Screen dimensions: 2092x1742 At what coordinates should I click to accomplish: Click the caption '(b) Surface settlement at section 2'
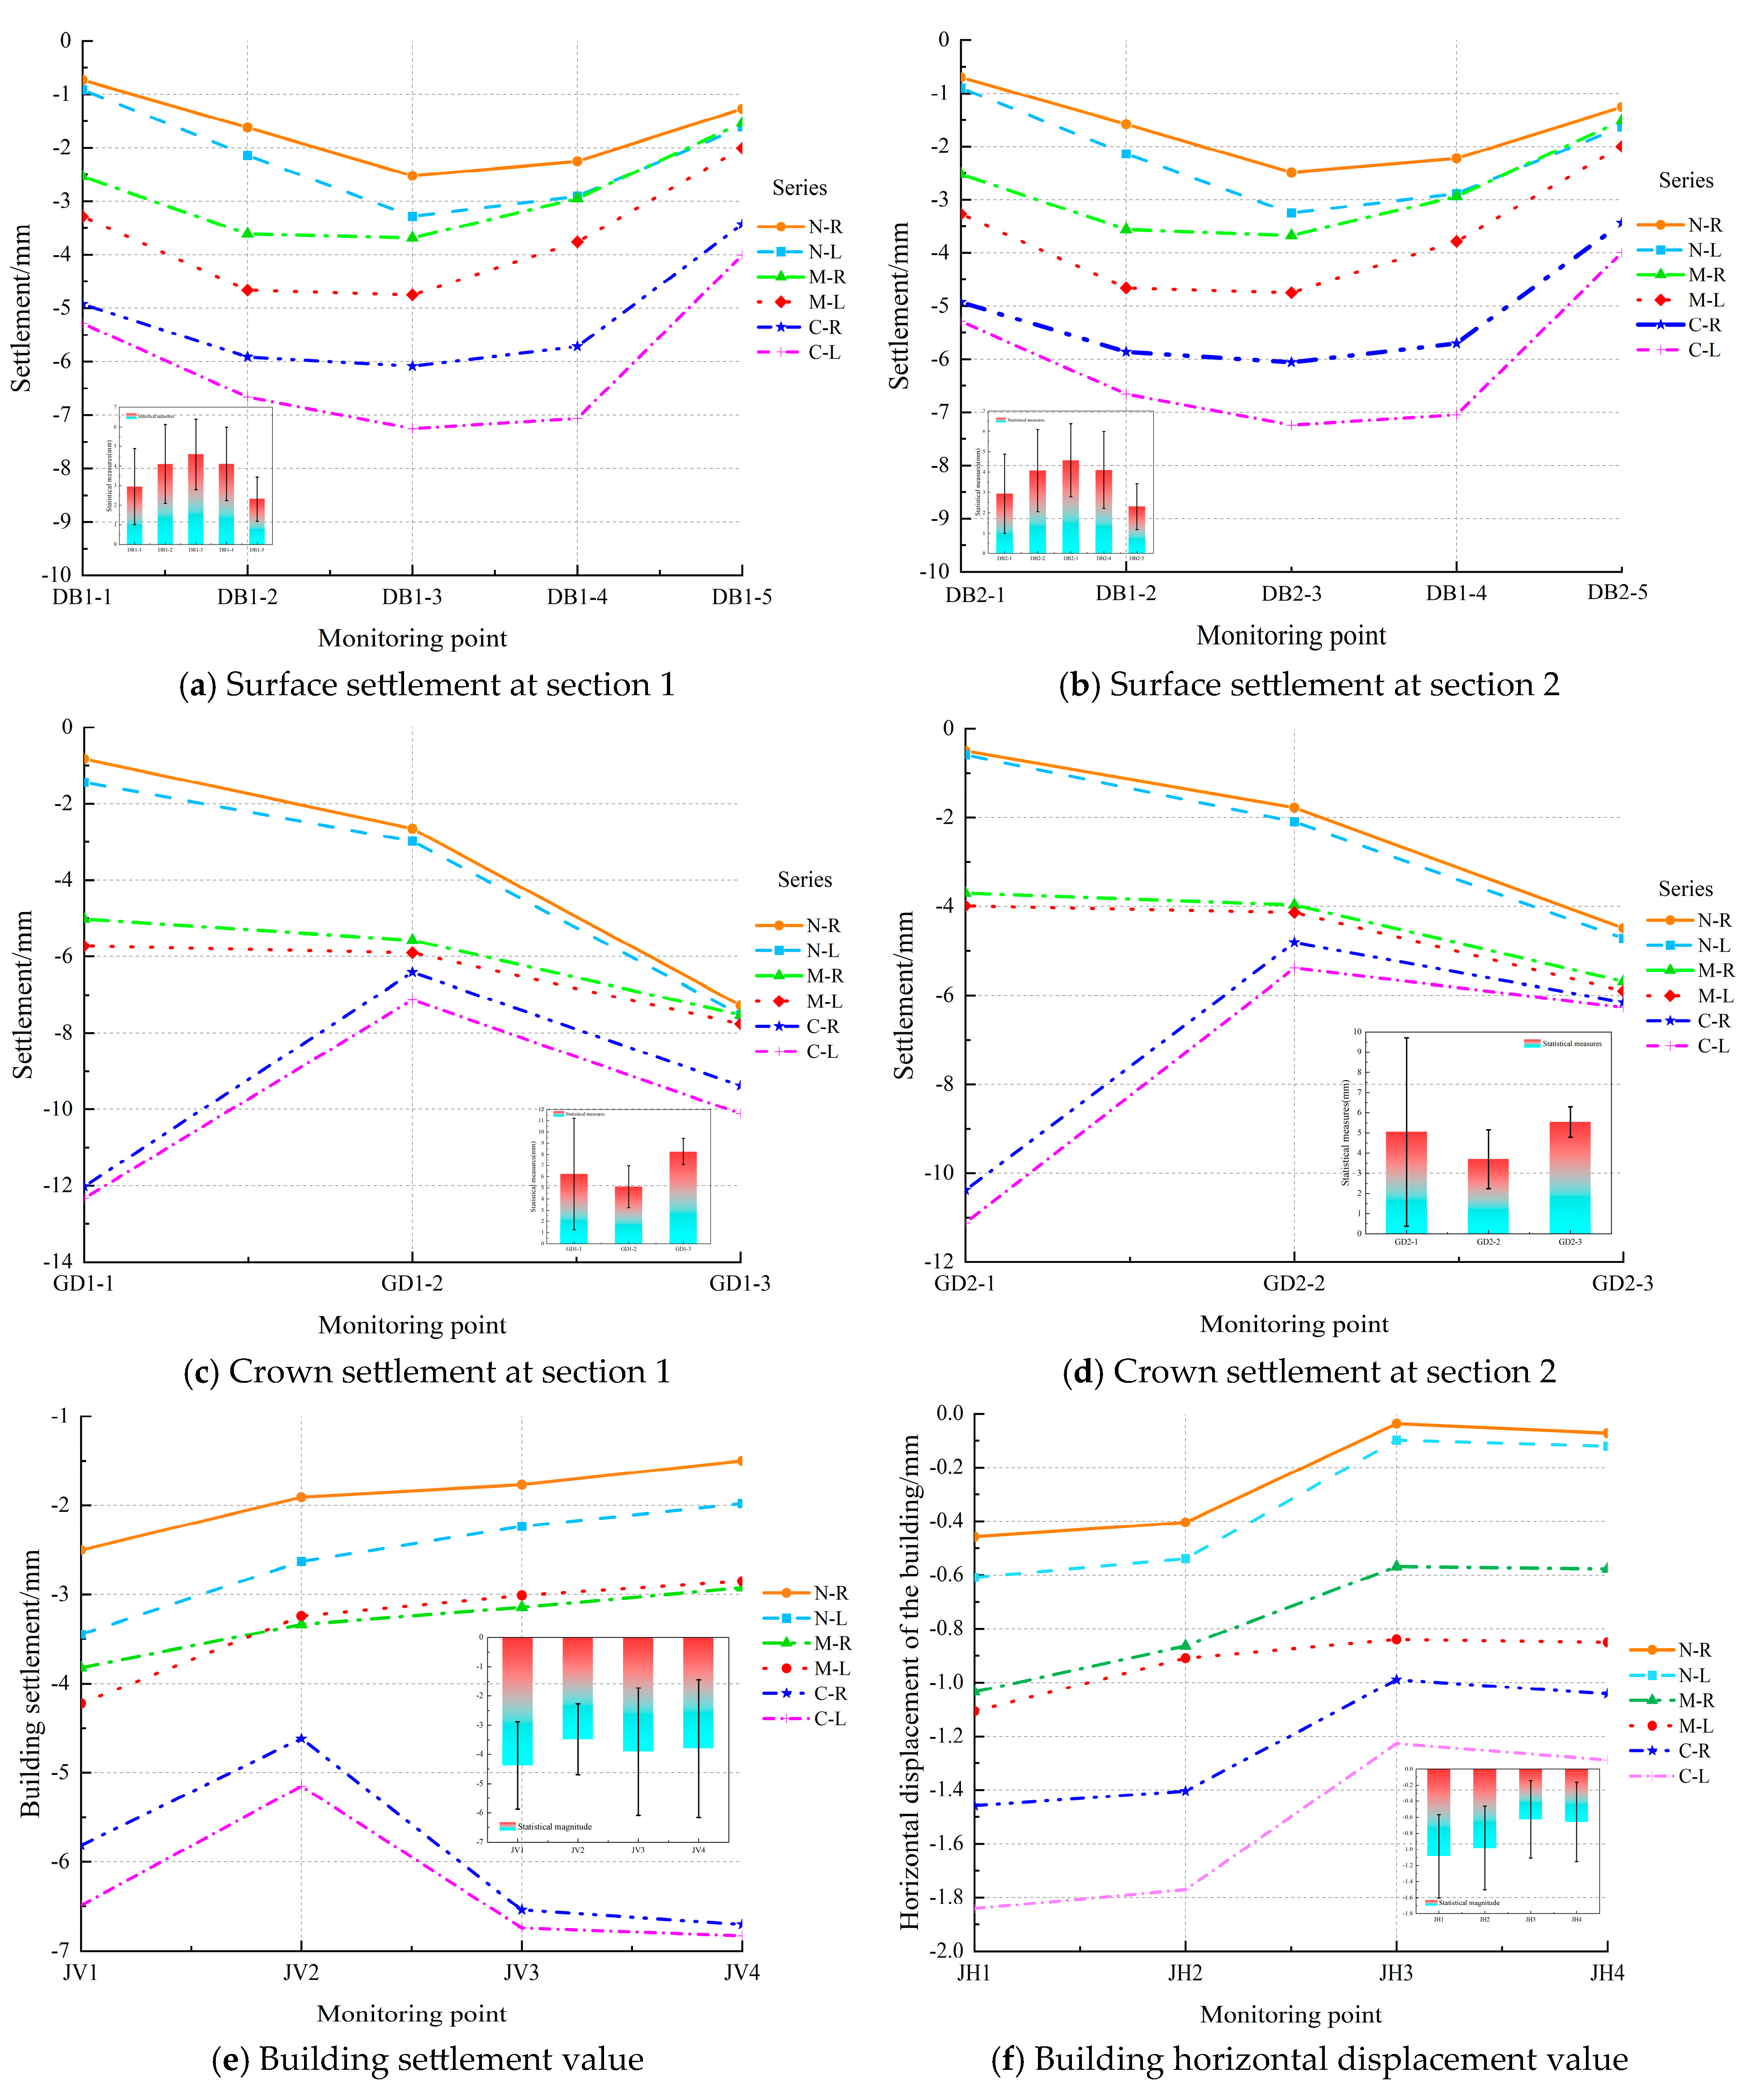(1309, 685)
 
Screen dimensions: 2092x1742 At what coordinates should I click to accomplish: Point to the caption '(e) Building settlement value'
(428, 2059)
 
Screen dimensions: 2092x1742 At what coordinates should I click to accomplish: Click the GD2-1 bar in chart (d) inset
(1405, 1182)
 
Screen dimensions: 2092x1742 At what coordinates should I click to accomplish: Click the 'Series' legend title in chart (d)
(1685, 889)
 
